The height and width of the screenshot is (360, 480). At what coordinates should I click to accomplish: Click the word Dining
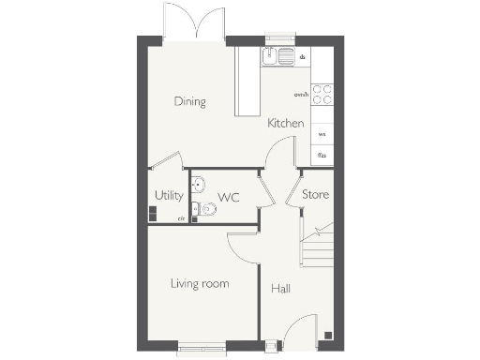[x=189, y=101]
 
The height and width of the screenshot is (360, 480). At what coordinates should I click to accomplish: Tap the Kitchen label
[x=285, y=124]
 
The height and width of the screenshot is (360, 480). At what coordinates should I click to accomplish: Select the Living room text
[x=200, y=283]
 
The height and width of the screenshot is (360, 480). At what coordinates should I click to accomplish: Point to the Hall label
[x=280, y=289]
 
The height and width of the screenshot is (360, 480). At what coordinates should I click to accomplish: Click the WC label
[x=229, y=198]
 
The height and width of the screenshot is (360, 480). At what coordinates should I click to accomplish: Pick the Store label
[x=315, y=195]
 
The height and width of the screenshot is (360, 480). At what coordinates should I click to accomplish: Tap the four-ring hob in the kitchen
[x=322, y=94]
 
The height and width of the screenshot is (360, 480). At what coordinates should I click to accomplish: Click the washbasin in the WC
[x=197, y=183]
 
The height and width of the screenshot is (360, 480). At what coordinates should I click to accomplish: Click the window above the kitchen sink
[x=279, y=39]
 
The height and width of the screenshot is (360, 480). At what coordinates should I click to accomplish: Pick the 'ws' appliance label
[x=322, y=134]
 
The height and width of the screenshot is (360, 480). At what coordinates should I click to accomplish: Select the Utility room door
[x=166, y=161]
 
